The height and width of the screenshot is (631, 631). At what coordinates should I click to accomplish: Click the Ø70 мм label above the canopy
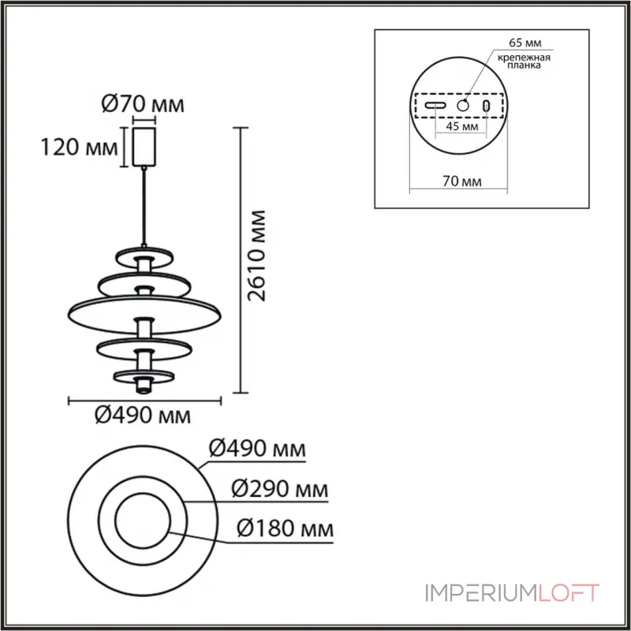point(143,104)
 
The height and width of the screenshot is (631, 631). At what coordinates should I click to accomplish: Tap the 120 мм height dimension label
point(80,147)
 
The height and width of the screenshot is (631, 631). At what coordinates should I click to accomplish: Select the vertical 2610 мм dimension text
point(256,256)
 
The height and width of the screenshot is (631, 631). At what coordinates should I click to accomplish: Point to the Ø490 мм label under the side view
point(143,415)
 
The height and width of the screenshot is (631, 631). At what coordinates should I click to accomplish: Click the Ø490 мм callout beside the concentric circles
point(257,448)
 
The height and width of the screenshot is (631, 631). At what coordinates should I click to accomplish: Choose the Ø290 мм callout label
point(280,489)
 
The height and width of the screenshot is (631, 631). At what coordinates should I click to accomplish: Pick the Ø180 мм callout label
point(286,528)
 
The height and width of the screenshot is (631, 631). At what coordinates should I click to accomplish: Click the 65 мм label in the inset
point(525,43)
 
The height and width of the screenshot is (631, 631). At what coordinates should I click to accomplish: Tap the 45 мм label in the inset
point(462,126)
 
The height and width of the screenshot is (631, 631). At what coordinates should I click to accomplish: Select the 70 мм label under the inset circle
point(462,181)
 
